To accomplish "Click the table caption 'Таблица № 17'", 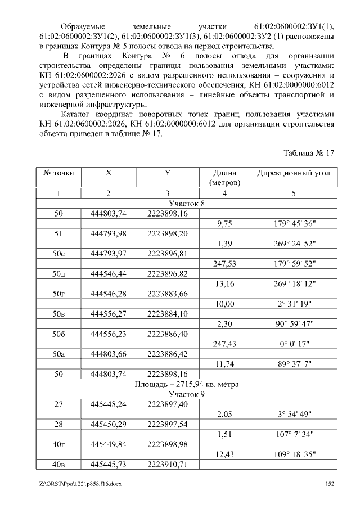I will point(309,152).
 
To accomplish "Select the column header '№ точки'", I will point(58,173).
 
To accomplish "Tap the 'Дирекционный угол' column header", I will point(293,173).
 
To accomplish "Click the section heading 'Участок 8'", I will point(187,203).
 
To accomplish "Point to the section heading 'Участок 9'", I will point(187,394).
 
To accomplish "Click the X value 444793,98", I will point(109,233).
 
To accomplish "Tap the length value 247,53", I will point(224,263).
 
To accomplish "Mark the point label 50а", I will point(58,354).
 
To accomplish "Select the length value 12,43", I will point(224,454).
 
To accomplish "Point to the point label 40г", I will point(58,444).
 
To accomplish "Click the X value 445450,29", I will point(109,424).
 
